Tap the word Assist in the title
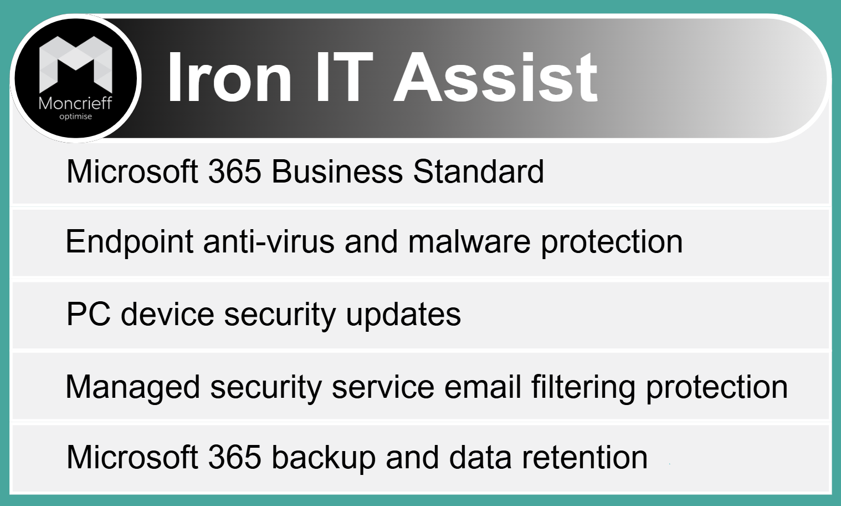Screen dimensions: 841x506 coord(496,77)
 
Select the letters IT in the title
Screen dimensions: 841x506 coord(345,77)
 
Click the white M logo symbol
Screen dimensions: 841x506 coord(75,64)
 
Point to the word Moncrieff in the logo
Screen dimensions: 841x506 coord(75,103)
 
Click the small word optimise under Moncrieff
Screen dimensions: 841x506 coord(75,117)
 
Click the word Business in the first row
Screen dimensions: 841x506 coord(337,171)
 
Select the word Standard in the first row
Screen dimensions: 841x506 coord(478,171)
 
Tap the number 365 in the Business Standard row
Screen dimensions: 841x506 coord(235,171)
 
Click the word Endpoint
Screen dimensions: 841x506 coord(130,242)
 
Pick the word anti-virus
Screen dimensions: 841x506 coord(269,242)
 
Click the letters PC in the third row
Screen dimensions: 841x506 coord(89,314)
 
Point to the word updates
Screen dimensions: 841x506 coord(403,315)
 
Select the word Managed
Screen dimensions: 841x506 coord(132,387)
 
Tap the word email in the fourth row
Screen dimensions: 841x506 coord(483,387)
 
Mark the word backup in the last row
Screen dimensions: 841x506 coord(324,458)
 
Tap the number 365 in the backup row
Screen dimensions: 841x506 coord(235,457)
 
